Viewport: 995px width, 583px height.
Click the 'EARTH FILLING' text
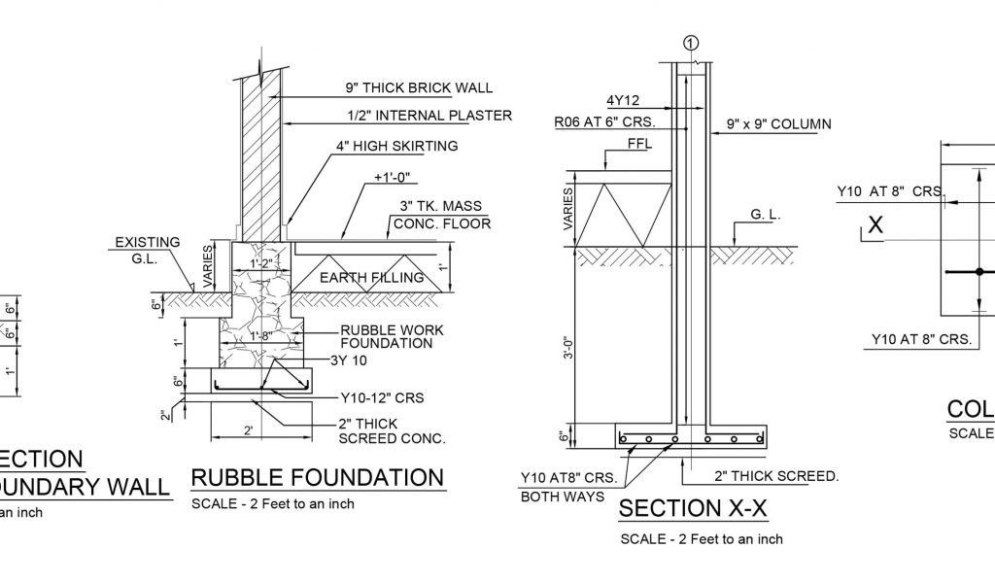(373, 278)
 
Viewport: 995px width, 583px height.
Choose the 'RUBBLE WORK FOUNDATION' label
(392, 336)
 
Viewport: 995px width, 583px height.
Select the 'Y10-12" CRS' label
(382, 397)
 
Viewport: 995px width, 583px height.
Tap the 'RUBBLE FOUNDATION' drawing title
(317, 477)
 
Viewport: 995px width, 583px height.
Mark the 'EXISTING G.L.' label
(147, 251)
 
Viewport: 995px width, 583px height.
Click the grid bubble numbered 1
(691, 43)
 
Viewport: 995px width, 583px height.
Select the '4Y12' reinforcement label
(623, 100)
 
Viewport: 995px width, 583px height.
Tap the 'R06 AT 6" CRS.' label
(604, 122)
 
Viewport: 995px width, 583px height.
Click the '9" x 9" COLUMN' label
(778, 123)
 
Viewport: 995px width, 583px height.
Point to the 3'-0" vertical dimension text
(568, 347)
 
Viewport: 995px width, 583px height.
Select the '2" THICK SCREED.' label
(775, 476)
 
